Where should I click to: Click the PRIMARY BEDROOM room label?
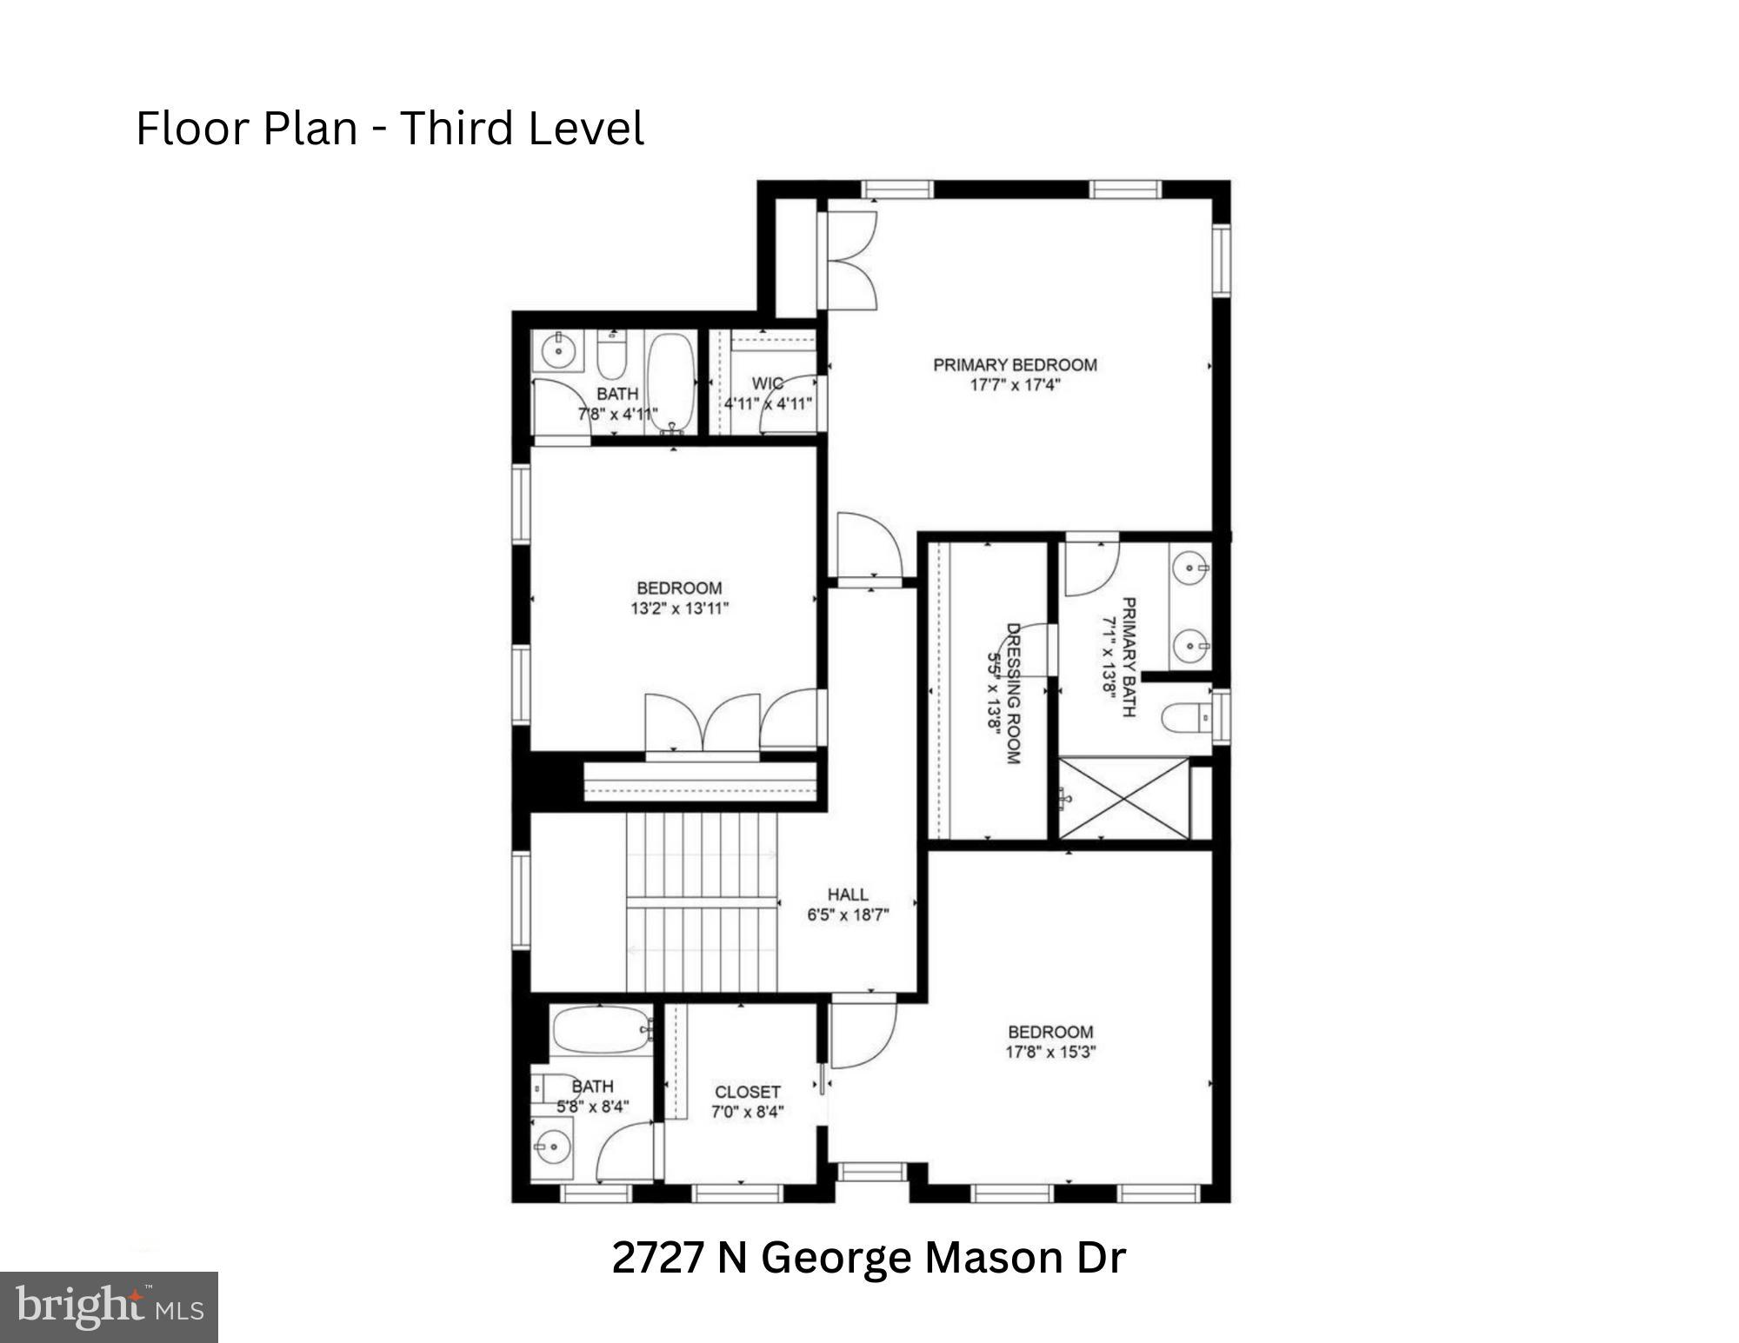[x=1015, y=365]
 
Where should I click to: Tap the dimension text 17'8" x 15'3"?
[x=1050, y=1052]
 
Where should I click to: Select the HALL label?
[x=848, y=894]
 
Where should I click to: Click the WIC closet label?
[x=767, y=383]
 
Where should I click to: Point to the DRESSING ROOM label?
[x=1012, y=693]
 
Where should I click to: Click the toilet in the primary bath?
[x=1184, y=718]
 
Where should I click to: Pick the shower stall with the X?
[x=1123, y=798]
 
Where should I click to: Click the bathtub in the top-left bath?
[x=670, y=382]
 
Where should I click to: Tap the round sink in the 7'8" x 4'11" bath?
[x=556, y=351]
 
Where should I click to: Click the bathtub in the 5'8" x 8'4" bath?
[x=601, y=1031]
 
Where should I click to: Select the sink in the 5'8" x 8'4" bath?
[x=550, y=1147]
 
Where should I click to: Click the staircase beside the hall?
[x=701, y=901]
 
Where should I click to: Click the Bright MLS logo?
[x=109, y=1306]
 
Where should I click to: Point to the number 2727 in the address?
[x=657, y=1258]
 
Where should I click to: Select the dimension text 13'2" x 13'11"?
[x=679, y=608]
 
